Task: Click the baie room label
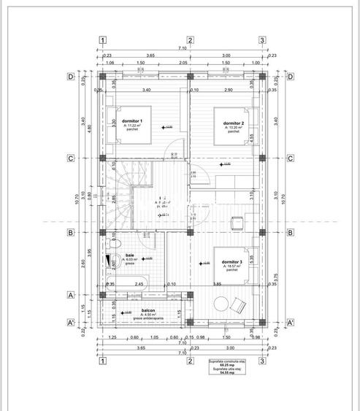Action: point(130,255)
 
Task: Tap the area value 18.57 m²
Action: point(234,267)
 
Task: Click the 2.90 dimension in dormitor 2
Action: point(229,90)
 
